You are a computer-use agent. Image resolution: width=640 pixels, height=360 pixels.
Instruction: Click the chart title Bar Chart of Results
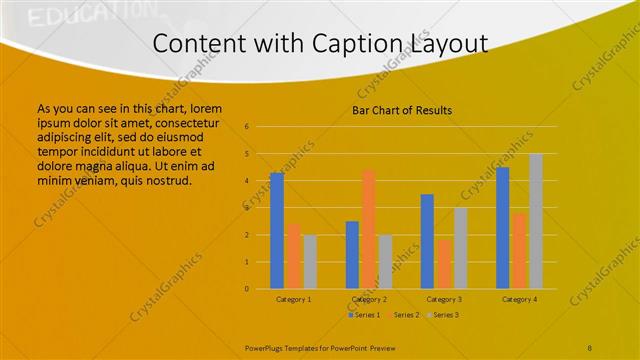402,110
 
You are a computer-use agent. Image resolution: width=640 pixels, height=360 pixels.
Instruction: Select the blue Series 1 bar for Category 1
277,230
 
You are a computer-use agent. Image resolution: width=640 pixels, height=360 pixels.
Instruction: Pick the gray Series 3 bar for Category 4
536,221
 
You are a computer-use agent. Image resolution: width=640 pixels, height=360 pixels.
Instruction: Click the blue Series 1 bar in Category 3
427,241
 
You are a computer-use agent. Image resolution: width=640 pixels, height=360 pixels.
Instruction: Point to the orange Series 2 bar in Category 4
519,250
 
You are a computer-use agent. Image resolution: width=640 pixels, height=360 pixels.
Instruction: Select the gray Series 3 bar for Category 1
310,262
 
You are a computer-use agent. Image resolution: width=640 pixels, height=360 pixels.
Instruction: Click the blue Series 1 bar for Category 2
352,255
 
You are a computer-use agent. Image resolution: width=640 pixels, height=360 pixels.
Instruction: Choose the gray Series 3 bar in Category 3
460,248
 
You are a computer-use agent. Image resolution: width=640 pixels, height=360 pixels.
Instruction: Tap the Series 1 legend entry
364,315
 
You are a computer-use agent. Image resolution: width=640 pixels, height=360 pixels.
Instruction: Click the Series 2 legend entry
403,315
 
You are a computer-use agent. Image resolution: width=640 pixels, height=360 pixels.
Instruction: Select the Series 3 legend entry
442,315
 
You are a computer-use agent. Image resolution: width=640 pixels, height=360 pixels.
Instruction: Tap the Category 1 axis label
293,299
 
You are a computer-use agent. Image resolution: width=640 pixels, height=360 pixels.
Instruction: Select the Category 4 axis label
519,299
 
